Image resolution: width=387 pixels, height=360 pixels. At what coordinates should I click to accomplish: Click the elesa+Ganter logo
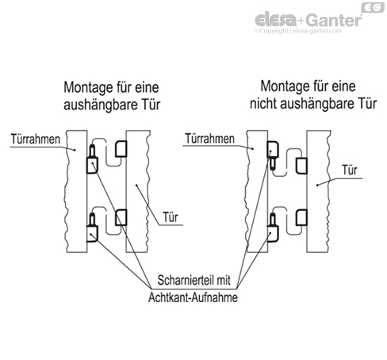tap(308, 20)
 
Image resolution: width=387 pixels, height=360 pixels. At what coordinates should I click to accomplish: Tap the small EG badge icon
tap(373, 7)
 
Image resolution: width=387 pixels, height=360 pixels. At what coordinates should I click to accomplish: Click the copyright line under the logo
tap(298, 31)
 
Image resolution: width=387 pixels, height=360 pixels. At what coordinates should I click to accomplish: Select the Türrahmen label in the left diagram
tap(36, 139)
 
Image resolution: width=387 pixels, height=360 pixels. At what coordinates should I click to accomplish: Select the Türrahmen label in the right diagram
tap(209, 139)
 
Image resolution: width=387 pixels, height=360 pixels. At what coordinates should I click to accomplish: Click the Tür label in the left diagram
tap(171, 217)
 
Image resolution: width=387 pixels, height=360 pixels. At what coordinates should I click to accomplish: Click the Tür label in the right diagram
tap(350, 170)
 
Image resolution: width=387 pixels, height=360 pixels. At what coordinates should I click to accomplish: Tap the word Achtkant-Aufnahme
tap(193, 297)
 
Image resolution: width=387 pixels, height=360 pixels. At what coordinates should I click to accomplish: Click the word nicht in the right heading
tap(263, 103)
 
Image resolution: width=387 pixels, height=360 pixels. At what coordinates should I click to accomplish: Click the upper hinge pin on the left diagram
tap(92, 151)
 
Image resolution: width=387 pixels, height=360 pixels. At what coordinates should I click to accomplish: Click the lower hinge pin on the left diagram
tap(92, 220)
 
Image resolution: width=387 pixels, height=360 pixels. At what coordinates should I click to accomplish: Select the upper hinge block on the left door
tap(121, 149)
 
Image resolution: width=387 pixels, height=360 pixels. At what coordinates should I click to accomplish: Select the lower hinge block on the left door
tap(121, 217)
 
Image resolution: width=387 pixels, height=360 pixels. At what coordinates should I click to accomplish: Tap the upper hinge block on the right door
tap(301, 166)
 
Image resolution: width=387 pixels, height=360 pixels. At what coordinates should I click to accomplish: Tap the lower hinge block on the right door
tap(301, 217)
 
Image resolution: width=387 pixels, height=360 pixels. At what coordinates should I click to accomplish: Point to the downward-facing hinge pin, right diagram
tap(272, 163)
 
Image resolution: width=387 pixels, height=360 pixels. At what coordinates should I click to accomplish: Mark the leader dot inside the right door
tap(317, 185)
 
